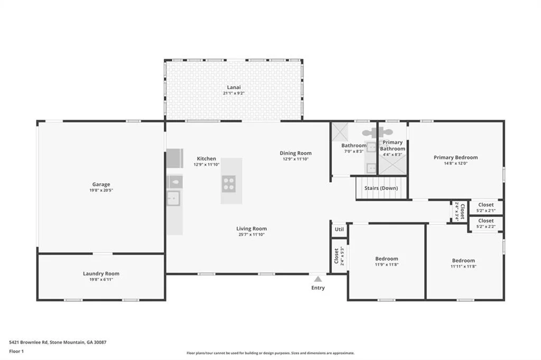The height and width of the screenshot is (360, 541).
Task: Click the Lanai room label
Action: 234,87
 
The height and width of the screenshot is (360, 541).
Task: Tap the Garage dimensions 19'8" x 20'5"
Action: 101,191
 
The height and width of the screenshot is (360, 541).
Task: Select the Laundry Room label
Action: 101,273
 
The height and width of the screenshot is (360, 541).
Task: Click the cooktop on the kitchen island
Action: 228,184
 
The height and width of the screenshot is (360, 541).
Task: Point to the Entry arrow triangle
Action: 318,279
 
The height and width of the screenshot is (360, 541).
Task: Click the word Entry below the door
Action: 318,288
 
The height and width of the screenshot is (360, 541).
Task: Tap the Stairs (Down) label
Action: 381,188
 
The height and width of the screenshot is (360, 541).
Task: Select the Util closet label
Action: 339,229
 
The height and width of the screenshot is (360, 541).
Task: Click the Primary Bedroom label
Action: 456,157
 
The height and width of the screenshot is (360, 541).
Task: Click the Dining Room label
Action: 295,153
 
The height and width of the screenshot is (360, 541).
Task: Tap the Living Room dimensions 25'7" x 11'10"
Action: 251,234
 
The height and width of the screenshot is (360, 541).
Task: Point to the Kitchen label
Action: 207,158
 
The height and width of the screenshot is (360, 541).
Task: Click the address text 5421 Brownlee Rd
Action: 29,343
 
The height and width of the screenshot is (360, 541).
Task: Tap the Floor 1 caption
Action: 16,352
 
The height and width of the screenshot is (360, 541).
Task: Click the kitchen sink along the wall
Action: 173,198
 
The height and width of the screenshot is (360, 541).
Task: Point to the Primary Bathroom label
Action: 393,146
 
